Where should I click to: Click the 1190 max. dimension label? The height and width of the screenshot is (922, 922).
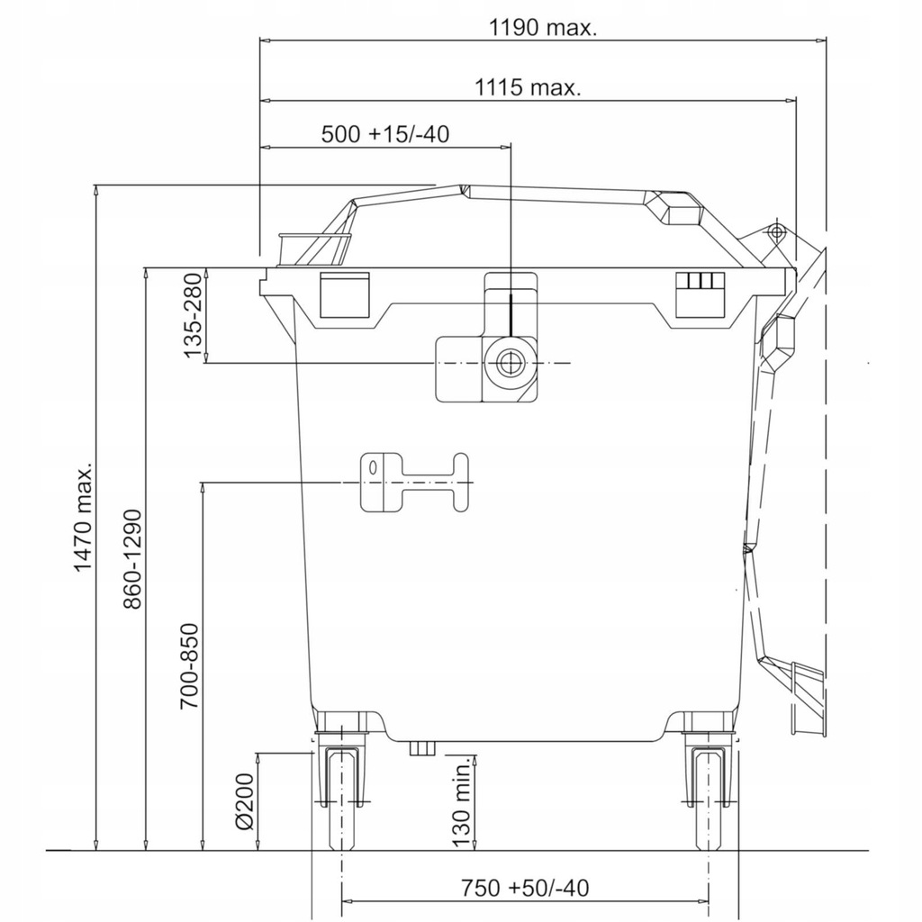(543, 28)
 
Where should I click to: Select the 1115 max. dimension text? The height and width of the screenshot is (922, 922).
(528, 87)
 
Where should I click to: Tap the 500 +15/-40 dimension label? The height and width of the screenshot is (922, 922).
(385, 134)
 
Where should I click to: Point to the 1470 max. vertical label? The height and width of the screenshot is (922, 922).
(83, 516)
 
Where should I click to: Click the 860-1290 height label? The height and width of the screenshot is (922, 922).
(133, 559)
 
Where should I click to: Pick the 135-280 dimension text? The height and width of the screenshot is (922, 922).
(194, 316)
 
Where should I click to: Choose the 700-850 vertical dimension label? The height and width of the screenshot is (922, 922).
(190, 665)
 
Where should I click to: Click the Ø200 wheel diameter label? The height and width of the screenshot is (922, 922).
(245, 800)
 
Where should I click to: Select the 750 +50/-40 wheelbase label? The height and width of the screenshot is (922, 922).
(525, 887)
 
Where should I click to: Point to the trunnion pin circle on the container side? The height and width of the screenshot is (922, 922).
(510, 363)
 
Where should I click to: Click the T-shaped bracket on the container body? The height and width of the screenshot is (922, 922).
(414, 483)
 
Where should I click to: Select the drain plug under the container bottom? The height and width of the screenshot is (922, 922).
(421, 748)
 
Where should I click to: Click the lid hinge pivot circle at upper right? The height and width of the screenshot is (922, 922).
(777, 232)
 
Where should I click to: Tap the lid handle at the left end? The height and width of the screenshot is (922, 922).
(314, 249)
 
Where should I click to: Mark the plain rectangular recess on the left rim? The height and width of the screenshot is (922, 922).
(345, 294)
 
